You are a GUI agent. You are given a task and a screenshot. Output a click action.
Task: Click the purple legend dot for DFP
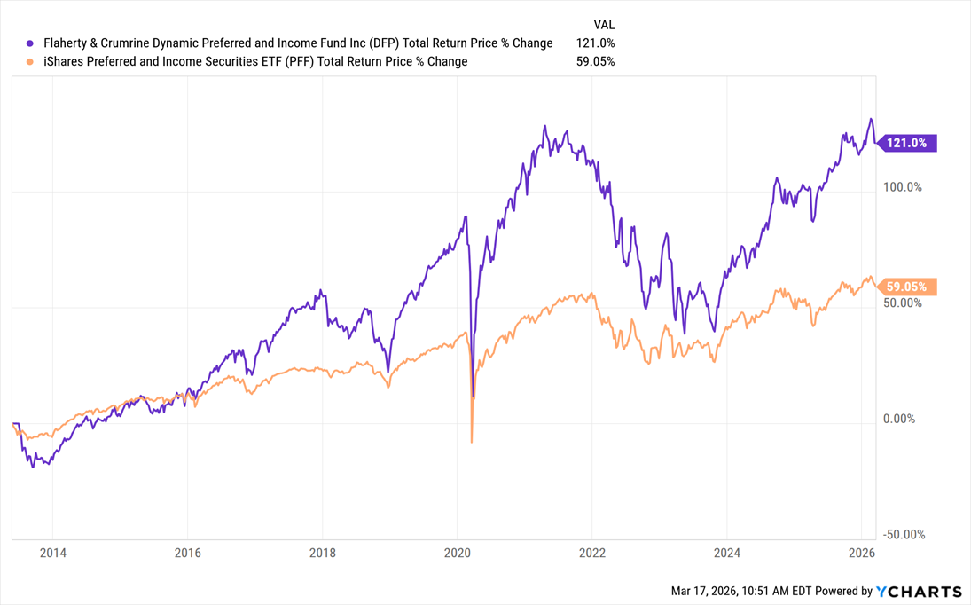(30, 43)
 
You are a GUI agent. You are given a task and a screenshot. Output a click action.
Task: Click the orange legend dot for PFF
(30, 62)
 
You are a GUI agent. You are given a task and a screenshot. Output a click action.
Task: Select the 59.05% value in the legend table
(596, 62)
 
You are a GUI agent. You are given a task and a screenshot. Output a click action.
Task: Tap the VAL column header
(604, 25)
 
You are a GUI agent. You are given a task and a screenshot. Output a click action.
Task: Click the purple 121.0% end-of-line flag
(908, 143)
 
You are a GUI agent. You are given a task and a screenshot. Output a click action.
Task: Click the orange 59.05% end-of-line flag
(908, 287)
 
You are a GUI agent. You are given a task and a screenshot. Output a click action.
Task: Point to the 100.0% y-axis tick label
(903, 188)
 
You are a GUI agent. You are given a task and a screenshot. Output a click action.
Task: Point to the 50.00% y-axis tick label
(903, 303)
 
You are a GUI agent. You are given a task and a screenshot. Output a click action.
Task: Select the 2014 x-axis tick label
(52, 554)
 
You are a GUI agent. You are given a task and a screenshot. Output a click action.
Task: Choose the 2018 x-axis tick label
(322, 554)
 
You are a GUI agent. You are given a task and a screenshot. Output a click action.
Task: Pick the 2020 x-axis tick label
(457, 554)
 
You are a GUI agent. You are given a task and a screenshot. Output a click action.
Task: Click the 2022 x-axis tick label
(591, 554)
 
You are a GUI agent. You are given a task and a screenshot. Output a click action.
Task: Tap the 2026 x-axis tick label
(861, 554)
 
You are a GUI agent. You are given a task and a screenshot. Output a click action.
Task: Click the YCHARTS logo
(919, 592)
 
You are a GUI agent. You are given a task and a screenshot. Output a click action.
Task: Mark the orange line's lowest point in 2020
(471, 441)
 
